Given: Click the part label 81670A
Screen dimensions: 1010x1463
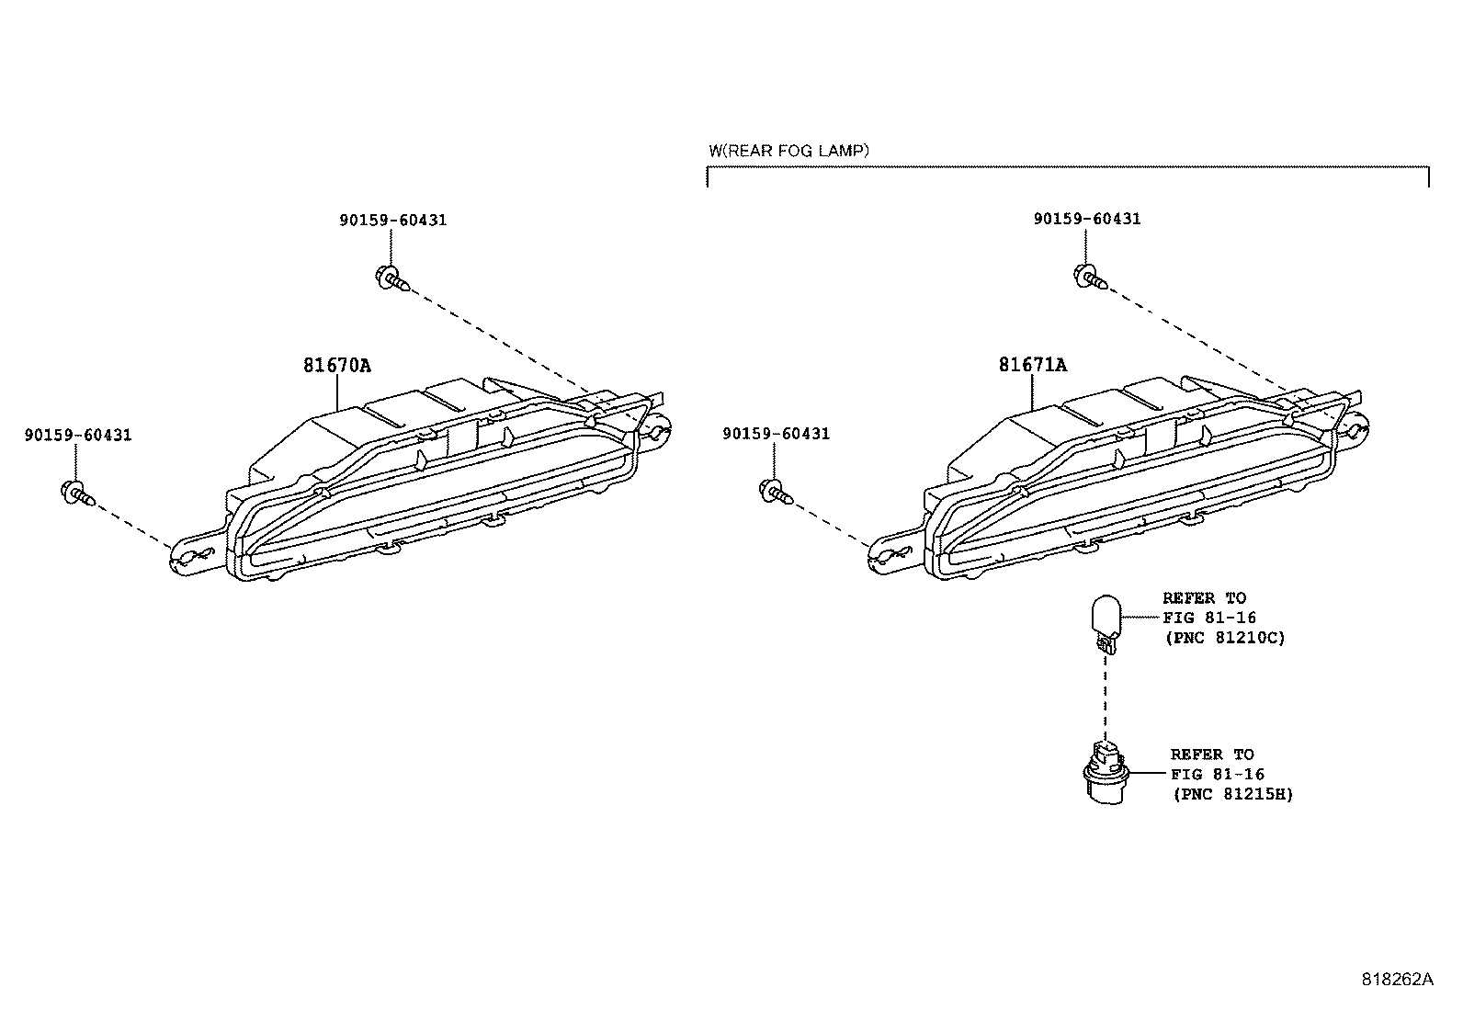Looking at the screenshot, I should point(337,366).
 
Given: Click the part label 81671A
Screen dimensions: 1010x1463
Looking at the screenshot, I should point(1033,365).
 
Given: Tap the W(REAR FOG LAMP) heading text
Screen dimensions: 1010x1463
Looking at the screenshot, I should point(788,150).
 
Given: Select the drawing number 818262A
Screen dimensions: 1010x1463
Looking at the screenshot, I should point(1397,980).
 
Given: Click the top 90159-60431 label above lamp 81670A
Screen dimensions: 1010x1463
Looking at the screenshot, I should point(392,221).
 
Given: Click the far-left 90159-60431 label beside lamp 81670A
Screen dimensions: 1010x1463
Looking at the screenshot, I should point(78,435).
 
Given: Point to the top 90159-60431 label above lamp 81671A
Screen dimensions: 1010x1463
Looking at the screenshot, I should point(1087,220).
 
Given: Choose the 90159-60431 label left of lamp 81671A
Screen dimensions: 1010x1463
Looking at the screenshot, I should point(776,434).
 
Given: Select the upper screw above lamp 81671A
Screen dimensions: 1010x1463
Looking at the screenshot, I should point(1087,275).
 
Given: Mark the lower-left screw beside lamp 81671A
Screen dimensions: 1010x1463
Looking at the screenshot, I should point(775,492).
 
